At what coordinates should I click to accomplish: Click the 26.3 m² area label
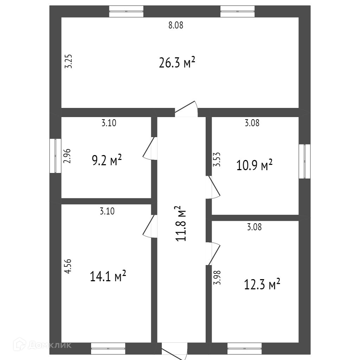click(x=177, y=63)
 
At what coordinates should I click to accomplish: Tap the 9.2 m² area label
click(x=107, y=160)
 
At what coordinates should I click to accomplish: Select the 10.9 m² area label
click(x=255, y=165)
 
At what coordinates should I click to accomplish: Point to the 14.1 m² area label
click(x=108, y=276)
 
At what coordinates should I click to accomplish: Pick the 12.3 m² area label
click(x=262, y=284)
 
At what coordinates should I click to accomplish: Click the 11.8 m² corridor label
click(x=181, y=223)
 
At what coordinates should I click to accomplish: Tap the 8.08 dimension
click(x=176, y=25)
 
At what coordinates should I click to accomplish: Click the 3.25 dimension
click(x=69, y=61)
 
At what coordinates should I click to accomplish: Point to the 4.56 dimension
click(x=68, y=266)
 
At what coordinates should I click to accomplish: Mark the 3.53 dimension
click(x=217, y=159)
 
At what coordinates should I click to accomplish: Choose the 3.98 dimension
click(x=217, y=277)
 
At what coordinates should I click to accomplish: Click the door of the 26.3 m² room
click(x=186, y=109)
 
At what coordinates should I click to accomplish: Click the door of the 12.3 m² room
click(x=213, y=253)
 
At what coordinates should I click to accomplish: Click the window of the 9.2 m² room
click(x=55, y=156)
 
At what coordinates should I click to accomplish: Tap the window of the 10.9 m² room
click(x=304, y=161)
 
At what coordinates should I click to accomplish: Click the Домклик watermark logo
click(x=43, y=345)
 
